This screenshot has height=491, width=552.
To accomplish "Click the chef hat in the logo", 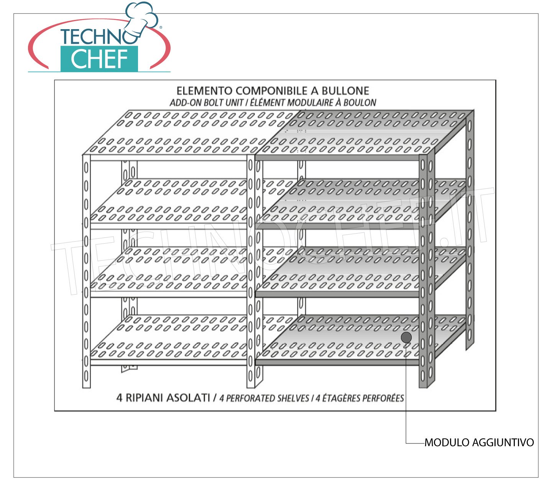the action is click(x=141, y=19).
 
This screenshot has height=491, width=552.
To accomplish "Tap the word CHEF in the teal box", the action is click(x=99, y=59).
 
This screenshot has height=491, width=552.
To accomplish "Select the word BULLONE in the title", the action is click(x=345, y=91).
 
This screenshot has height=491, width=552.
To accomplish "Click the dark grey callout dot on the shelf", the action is click(x=406, y=338).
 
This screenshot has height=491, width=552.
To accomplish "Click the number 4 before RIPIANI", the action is click(x=119, y=398).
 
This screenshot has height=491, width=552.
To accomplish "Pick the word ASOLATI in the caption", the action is click(x=188, y=398).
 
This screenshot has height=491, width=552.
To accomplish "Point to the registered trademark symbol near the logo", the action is click(x=161, y=27).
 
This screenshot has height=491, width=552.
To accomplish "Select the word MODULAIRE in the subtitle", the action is click(x=310, y=103).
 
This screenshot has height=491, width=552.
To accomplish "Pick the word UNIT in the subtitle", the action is click(x=235, y=103).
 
